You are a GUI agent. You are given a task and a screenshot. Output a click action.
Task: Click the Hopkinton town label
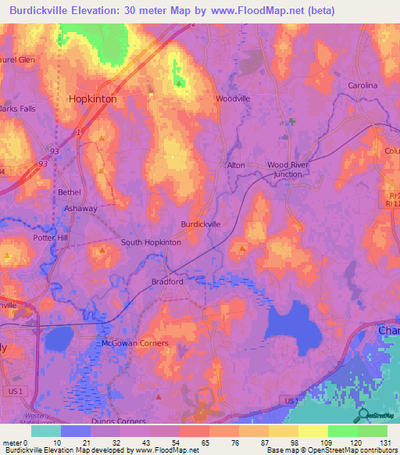click(93, 100)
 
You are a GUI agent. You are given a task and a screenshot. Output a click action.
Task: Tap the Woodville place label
click(233, 99)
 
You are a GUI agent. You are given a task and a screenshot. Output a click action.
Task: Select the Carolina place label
click(362, 85)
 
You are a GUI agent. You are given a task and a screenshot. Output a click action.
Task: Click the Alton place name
click(235, 165)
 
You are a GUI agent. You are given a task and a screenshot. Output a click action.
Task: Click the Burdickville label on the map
click(201, 224)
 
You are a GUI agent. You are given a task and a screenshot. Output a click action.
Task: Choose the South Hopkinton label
click(151, 242)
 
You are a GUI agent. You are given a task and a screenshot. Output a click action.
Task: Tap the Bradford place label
click(167, 281)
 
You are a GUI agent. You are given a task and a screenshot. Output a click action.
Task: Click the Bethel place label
click(69, 192)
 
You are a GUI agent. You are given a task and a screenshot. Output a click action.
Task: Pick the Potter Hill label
click(51, 238)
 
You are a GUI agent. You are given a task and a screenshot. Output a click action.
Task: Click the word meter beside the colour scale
click(12, 442)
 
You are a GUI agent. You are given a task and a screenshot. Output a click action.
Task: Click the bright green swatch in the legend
click(343, 431)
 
